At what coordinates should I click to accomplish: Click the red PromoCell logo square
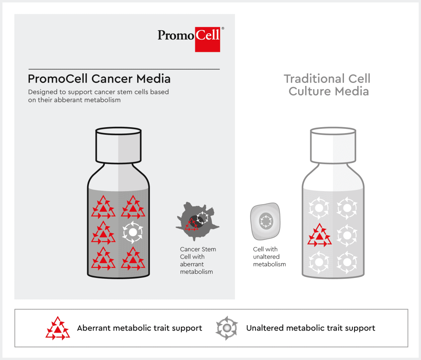[207, 40]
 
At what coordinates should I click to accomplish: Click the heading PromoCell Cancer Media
[99, 79]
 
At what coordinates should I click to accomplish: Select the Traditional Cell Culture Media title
[327, 85]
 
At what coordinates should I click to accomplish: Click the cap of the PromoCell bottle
[118, 145]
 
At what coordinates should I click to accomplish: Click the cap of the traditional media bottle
[333, 145]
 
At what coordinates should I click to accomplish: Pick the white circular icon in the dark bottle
[133, 232]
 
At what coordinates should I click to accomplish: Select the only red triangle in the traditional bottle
[320, 235]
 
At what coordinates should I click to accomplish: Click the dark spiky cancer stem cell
[197, 221]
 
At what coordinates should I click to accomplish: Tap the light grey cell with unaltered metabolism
[265, 221]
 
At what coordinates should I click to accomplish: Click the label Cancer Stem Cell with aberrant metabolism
[198, 260]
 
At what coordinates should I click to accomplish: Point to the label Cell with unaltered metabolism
[269, 257]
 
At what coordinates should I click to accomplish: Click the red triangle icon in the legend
[58, 328]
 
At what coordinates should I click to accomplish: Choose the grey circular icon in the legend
[226, 328]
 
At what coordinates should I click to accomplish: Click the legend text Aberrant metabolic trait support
[140, 328]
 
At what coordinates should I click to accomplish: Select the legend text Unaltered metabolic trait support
[311, 328]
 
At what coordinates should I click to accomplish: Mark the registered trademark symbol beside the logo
[223, 28]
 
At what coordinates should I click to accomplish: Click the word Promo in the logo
[176, 35]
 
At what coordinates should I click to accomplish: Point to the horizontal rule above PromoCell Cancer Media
[124, 69]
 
